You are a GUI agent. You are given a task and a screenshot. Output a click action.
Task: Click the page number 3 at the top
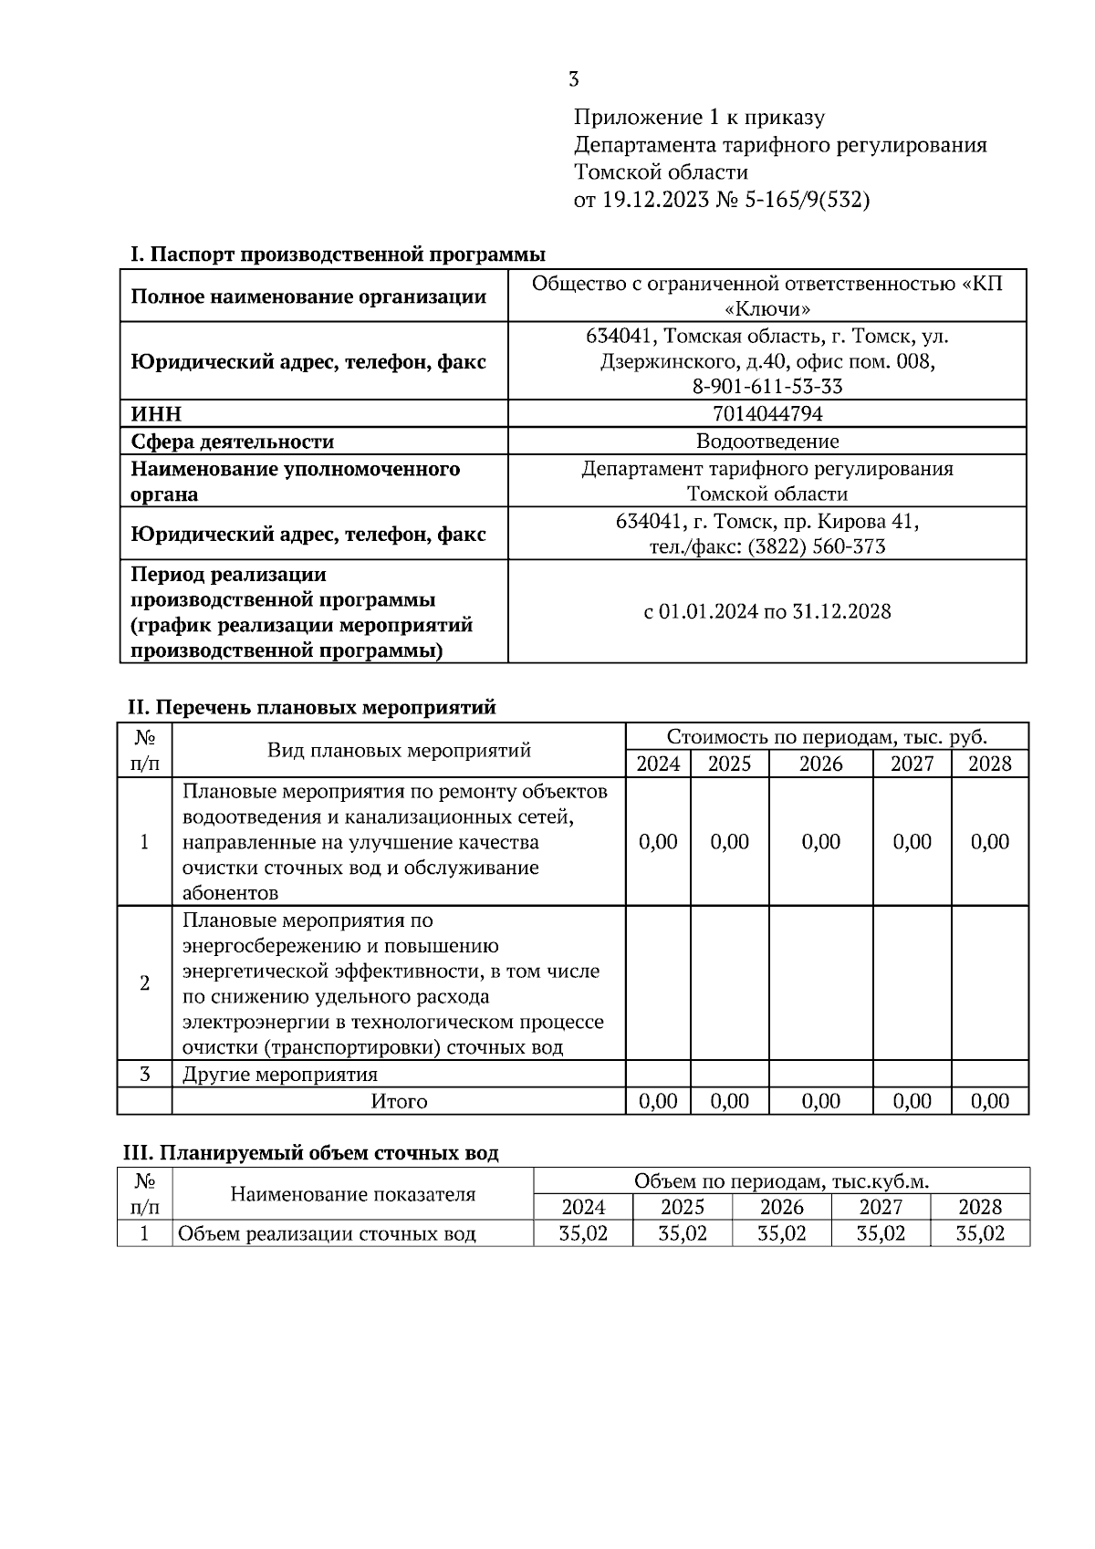click(573, 80)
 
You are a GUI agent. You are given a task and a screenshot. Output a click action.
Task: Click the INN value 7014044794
click(766, 414)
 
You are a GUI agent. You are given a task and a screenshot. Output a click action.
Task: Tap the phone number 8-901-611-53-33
click(766, 387)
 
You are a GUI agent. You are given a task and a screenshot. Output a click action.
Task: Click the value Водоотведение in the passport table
click(766, 442)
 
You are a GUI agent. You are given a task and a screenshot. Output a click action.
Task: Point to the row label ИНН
click(156, 414)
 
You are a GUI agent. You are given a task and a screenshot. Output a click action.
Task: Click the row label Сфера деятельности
click(232, 442)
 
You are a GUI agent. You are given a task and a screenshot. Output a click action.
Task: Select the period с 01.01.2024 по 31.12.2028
click(766, 611)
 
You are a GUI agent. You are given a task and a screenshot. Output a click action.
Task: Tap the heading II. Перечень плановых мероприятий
click(311, 707)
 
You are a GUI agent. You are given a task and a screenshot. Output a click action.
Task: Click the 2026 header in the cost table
click(820, 764)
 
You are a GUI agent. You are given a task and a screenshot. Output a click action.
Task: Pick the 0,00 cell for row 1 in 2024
click(658, 841)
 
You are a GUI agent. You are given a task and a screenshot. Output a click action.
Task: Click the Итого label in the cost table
click(399, 1101)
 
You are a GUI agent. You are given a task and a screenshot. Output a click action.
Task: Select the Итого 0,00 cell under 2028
click(990, 1101)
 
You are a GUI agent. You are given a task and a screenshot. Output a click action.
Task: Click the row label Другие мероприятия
click(280, 1074)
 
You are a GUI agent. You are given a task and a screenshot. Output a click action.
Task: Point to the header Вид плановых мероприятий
click(399, 750)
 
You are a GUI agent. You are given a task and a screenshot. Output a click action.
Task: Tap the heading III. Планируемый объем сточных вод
click(311, 1153)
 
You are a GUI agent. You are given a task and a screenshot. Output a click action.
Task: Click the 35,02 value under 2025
click(683, 1234)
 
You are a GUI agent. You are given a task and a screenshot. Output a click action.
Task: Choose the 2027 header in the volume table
click(881, 1207)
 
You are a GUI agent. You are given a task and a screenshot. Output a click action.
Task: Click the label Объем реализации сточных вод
click(327, 1234)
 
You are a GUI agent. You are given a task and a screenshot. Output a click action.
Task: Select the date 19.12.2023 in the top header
click(654, 200)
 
